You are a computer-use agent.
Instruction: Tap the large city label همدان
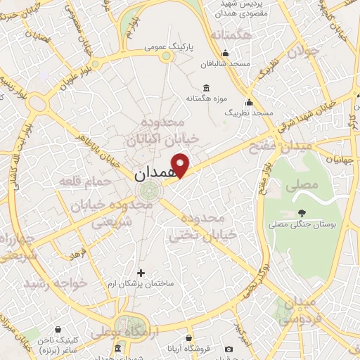(150, 171)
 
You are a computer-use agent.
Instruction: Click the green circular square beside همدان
(148, 191)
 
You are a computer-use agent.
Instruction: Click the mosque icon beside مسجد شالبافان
(225, 53)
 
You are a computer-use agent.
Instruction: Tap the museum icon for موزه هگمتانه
(205, 88)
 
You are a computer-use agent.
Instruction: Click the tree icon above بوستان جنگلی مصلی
(302, 213)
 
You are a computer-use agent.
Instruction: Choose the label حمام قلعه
(91, 181)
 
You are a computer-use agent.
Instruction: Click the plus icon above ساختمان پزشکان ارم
(141, 272)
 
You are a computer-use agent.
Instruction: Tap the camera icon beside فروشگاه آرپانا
(229, 349)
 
